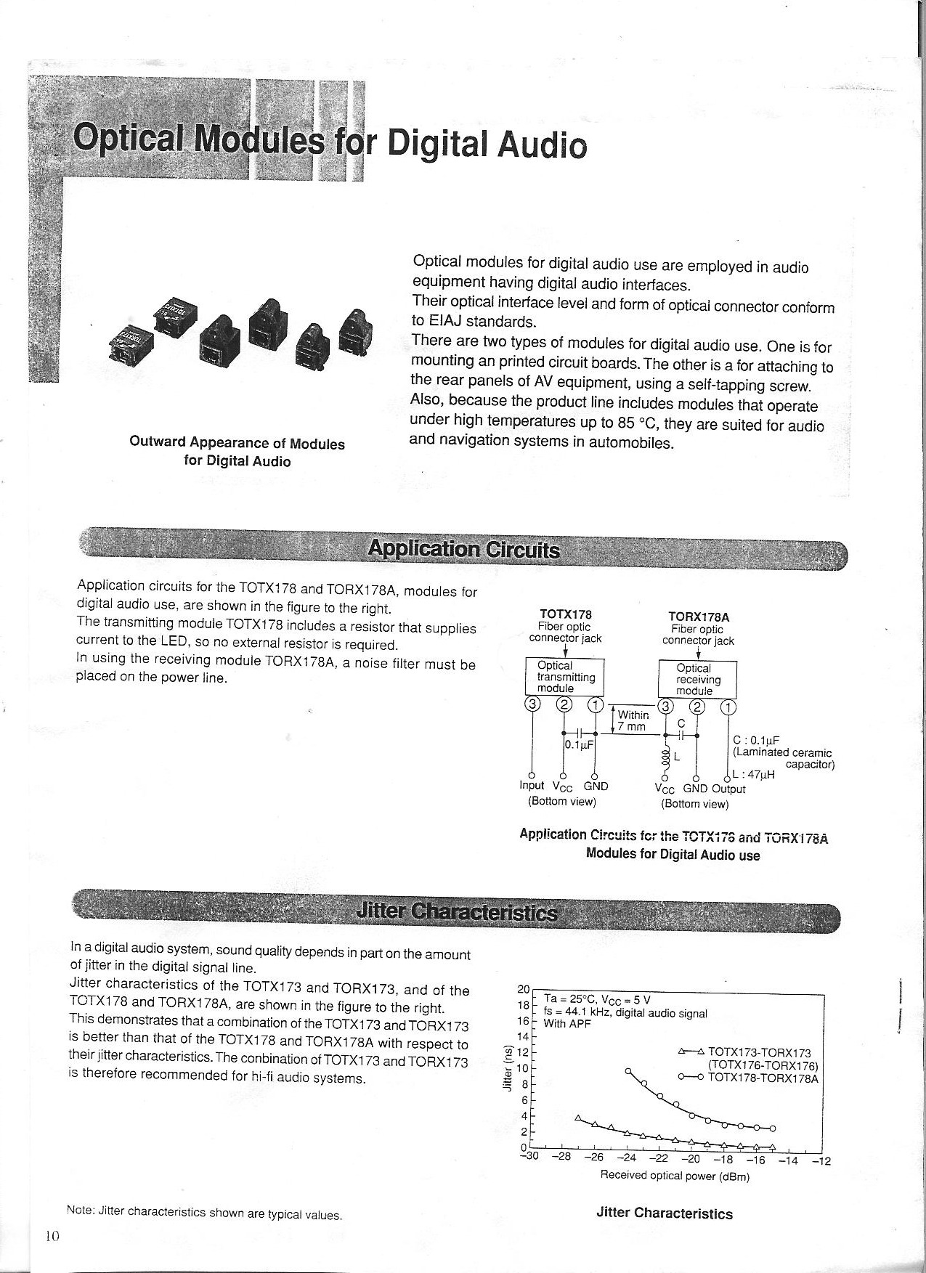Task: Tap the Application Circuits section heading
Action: point(463,549)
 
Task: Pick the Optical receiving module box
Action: point(697,679)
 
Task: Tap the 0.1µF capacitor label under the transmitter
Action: point(579,744)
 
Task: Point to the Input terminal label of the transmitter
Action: point(532,786)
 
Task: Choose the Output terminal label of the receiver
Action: point(728,789)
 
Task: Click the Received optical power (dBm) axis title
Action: point(674,1176)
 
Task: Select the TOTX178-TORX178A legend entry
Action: point(762,1078)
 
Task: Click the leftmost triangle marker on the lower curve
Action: point(578,1118)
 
